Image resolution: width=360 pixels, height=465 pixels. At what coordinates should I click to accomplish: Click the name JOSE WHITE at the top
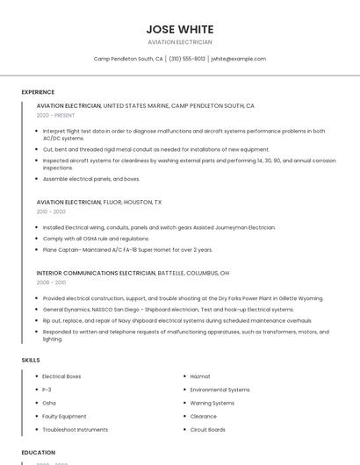coord(179,28)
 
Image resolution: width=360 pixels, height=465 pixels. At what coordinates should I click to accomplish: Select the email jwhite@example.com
coord(238,59)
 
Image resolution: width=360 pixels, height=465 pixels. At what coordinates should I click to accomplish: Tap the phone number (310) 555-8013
coord(187,59)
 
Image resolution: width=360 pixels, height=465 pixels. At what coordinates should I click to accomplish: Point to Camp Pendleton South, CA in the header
coord(128,59)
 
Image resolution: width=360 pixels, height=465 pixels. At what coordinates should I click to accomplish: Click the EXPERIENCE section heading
coord(38,92)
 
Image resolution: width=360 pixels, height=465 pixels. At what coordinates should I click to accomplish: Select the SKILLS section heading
coord(31,360)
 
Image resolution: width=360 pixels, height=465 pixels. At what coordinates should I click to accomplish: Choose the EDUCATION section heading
coord(38,453)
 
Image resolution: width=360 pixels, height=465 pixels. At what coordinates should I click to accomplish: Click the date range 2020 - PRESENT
coord(55,115)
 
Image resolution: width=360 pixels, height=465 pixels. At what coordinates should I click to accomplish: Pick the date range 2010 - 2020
coord(51,211)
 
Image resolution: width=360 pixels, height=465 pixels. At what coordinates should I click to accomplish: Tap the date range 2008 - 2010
coord(51,283)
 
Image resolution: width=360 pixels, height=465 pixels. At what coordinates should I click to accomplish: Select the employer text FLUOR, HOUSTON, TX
coord(133,202)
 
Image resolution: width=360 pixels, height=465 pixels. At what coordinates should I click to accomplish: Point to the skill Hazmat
coord(200,376)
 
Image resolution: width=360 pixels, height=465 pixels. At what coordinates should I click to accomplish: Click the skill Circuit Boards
coord(208,430)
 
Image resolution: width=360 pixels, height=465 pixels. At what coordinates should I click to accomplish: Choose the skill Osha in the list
coord(49,403)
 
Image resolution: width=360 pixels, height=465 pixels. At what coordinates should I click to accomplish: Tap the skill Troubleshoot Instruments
coord(76,430)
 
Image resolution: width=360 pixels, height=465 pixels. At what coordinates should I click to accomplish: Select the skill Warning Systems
coord(212,403)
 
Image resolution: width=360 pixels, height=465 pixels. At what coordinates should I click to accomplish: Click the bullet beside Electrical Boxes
coord(35,376)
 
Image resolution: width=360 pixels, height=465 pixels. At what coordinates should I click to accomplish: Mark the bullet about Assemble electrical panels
coord(35,179)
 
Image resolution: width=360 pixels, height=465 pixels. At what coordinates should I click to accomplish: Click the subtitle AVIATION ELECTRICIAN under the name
coord(179,41)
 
